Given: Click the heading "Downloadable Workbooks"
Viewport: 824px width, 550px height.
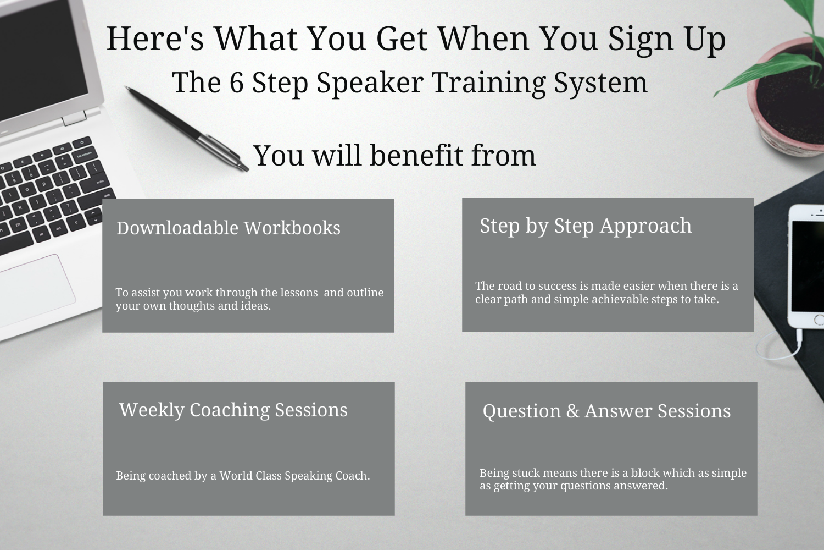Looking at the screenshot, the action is pos(229,228).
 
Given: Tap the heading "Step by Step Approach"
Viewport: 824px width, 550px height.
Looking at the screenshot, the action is pos(586,226).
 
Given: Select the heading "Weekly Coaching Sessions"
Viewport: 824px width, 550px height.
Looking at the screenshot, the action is pos(233,410).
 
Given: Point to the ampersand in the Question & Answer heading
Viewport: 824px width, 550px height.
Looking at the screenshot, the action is pos(573,411).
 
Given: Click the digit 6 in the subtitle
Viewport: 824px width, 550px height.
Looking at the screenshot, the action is pos(237,82).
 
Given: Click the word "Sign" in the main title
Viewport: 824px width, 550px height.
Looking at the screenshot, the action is pos(641,40).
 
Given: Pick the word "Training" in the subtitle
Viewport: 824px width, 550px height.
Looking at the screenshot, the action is pos(489,84).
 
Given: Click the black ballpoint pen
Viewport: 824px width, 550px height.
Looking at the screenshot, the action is pos(187,129).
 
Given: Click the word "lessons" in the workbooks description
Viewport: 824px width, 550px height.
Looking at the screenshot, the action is pos(299,293).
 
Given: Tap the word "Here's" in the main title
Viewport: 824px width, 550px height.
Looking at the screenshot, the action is pos(155,38).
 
